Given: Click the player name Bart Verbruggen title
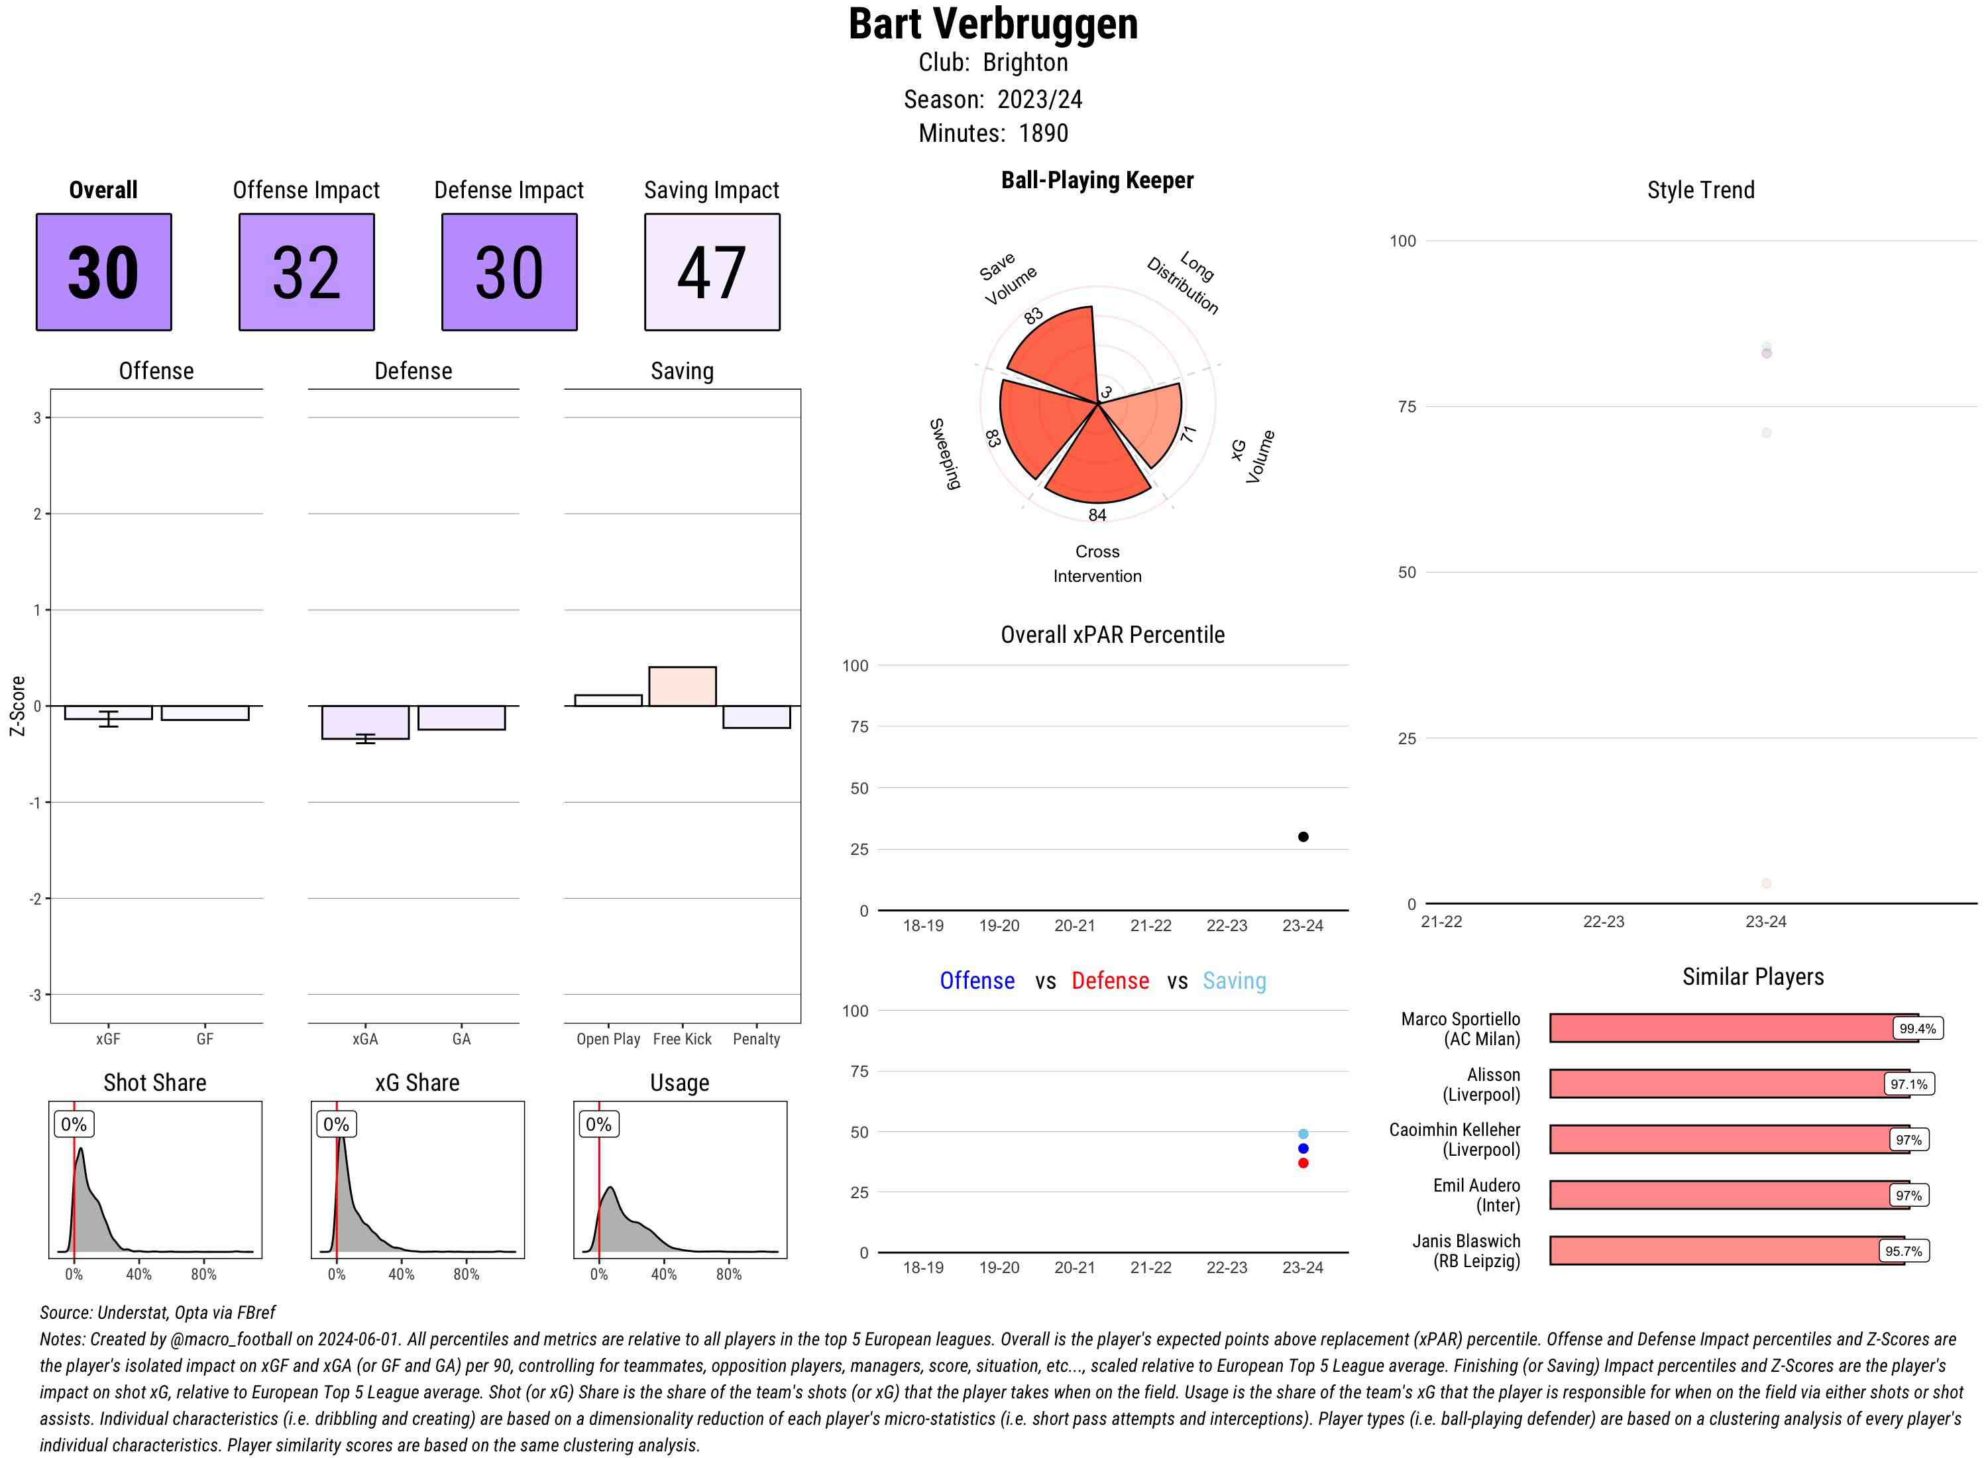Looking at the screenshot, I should [993, 25].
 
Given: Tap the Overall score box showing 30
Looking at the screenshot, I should [103, 272].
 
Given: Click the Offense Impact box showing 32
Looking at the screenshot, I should [306, 272].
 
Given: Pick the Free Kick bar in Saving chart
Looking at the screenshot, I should [682, 686].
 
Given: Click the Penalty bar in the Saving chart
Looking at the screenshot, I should [756, 716].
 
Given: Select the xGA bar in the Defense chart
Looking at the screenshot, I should [365, 722].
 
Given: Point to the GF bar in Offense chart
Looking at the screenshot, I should [205, 713].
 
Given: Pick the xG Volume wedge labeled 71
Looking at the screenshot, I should [1147, 420].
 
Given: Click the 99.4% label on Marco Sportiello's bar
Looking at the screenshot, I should [1916, 1028].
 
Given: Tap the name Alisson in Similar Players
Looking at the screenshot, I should [1493, 1075].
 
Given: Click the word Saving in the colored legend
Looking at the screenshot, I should [1234, 981].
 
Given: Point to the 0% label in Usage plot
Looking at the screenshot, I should [598, 1125].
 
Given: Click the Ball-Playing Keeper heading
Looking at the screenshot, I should [1097, 180].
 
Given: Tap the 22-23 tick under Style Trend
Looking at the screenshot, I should [1603, 921].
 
